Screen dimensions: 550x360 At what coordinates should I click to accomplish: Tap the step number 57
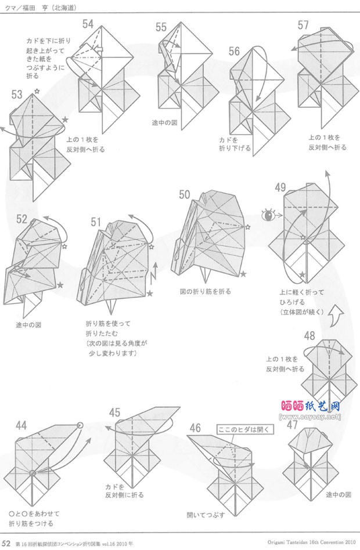303,25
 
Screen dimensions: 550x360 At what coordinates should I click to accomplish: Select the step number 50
185,194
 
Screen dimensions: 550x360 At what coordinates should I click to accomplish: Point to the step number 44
21,426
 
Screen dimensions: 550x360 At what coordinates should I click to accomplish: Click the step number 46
195,428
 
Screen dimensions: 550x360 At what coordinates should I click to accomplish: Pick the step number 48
309,335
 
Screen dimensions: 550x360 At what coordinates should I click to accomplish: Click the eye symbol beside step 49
268,216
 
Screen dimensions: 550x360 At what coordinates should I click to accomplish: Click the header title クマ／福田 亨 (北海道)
40,7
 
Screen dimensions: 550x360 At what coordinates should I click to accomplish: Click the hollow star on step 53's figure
38,91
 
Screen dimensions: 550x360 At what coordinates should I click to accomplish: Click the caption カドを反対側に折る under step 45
124,491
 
